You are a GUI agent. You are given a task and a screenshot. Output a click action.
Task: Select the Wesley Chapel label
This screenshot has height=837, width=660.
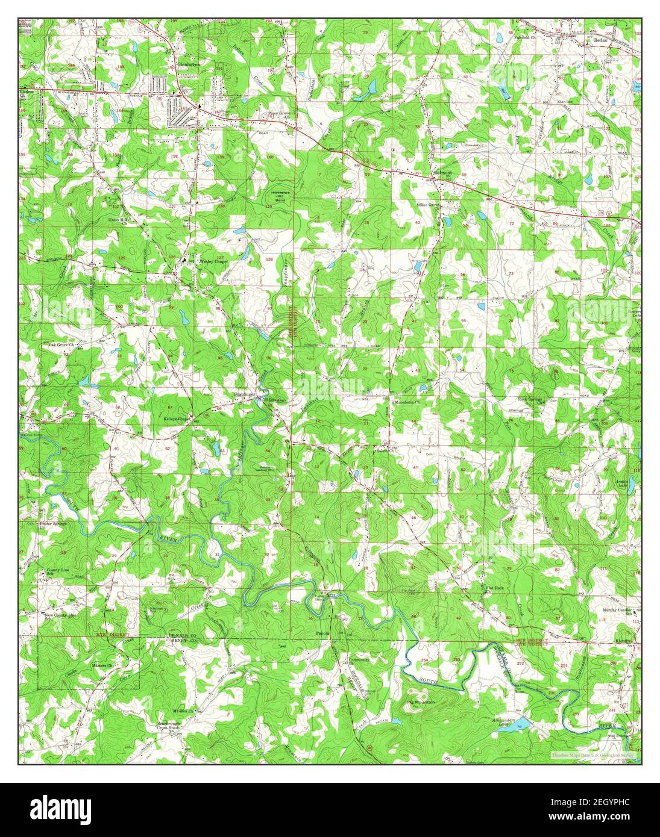(x=215, y=261)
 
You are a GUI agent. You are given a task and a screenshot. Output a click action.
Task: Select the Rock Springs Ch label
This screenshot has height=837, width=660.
(x=532, y=399)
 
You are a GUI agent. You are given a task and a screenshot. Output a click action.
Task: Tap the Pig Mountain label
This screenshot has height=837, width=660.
(x=421, y=703)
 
